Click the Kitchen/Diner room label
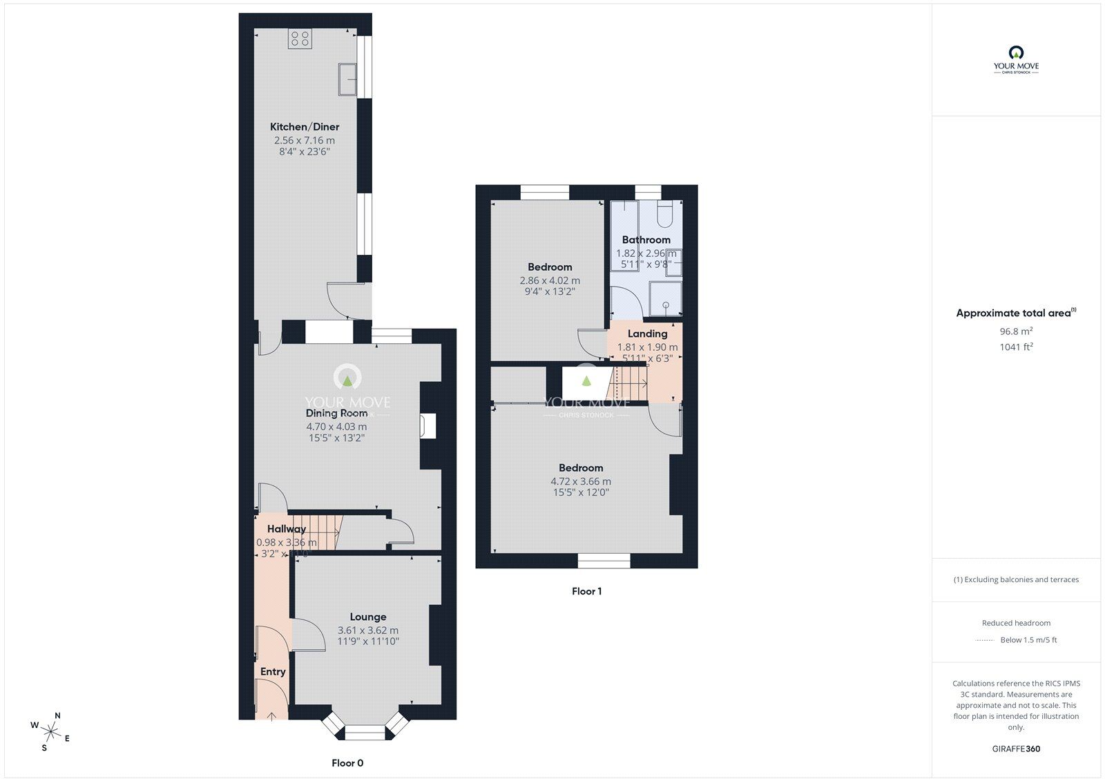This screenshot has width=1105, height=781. [x=305, y=127]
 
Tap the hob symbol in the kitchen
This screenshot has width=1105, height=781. [x=300, y=39]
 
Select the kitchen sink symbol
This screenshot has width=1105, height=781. [x=347, y=79]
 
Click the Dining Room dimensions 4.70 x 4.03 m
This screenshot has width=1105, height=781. [x=336, y=427]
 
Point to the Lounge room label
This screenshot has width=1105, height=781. [x=368, y=617]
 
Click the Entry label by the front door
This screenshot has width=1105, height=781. [x=273, y=672]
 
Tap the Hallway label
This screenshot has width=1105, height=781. [x=287, y=529]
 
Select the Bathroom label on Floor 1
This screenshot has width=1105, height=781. [x=646, y=240]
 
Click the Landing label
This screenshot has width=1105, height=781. [x=647, y=334]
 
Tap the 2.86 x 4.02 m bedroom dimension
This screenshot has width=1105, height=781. [x=550, y=281]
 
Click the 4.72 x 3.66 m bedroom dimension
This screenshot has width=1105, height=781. [x=581, y=482]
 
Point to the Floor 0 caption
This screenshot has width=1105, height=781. [x=347, y=763]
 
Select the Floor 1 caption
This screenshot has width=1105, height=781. [x=586, y=591]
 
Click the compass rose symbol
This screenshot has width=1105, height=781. [x=51, y=731]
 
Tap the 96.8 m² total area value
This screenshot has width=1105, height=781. [x=1016, y=331]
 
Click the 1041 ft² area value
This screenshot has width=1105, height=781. [x=1016, y=347]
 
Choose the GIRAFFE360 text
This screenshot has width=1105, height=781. [x=1016, y=749]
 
